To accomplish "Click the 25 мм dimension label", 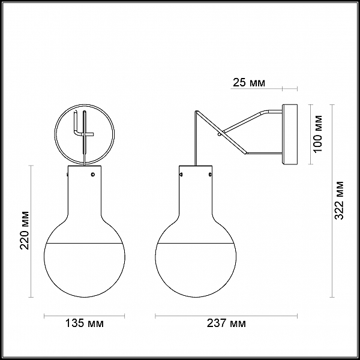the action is click(x=249, y=83).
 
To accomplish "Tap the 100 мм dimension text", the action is click(x=318, y=134).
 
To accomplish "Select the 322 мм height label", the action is click(x=339, y=200).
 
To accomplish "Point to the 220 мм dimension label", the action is click(x=25, y=230).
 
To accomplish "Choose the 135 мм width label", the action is click(x=85, y=323).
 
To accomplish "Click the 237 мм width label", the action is click(x=226, y=323).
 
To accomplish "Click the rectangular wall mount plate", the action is click(x=290, y=134).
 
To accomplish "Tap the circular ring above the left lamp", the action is click(x=85, y=105).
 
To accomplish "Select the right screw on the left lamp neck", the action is click(x=93, y=175).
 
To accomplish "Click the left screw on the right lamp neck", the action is click(x=181, y=175).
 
